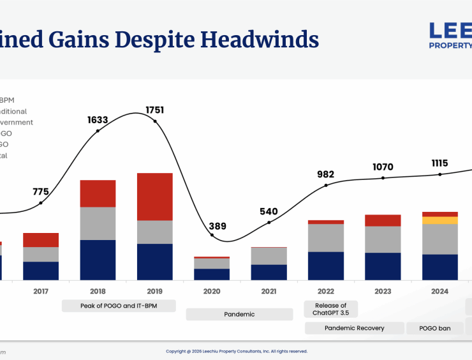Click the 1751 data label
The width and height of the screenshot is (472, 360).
click(x=154, y=110)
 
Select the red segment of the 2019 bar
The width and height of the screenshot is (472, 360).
click(x=155, y=197)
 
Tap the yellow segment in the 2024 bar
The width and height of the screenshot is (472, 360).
click(x=440, y=220)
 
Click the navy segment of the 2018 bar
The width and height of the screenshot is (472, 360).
click(x=98, y=260)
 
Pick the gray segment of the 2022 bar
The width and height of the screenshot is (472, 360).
click(x=326, y=237)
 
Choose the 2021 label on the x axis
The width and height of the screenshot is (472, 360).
click(x=269, y=292)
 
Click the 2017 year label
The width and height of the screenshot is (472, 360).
click(x=41, y=292)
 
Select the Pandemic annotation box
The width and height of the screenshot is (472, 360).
click(x=240, y=314)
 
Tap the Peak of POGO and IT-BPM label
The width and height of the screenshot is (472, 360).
click(x=119, y=306)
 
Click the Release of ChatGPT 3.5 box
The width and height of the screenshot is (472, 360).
click(x=331, y=309)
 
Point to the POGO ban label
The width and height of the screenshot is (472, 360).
click(x=435, y=328)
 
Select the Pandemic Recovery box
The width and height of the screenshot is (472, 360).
click(x=355, y=328)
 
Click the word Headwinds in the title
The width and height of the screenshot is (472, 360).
click(x=260, y=40)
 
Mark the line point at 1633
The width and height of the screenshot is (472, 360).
click(x=98, y=131)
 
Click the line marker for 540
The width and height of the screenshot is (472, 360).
click(x=269, y=223)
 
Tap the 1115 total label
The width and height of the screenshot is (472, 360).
click(x=439, y=163)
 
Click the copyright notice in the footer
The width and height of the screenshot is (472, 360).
click(x=237, y=351)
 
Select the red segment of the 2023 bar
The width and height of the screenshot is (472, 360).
click(x=383, y=220)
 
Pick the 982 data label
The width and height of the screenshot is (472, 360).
click(x=326, y=174)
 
